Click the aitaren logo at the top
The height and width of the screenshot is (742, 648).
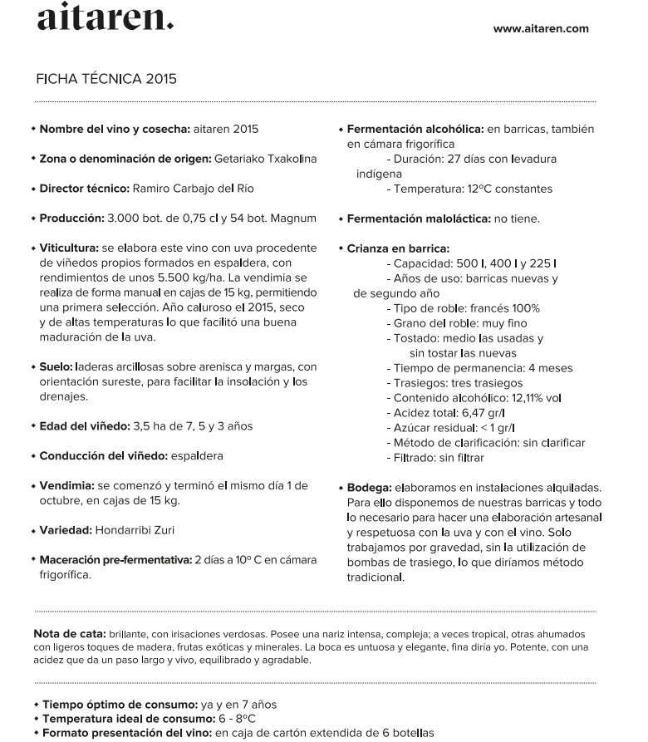click(x=106, y=17)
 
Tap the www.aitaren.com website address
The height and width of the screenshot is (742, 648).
click(x=540, y=28)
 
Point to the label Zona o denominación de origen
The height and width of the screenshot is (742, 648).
click(x=125, y=159)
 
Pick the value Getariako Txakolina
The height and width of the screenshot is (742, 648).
click(x=265, y=159)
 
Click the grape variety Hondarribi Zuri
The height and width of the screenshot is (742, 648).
click(x=135, y=530)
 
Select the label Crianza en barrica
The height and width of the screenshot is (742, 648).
click(x=398, y=248)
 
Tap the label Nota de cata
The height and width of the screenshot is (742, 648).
click(x=68, y=633)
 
